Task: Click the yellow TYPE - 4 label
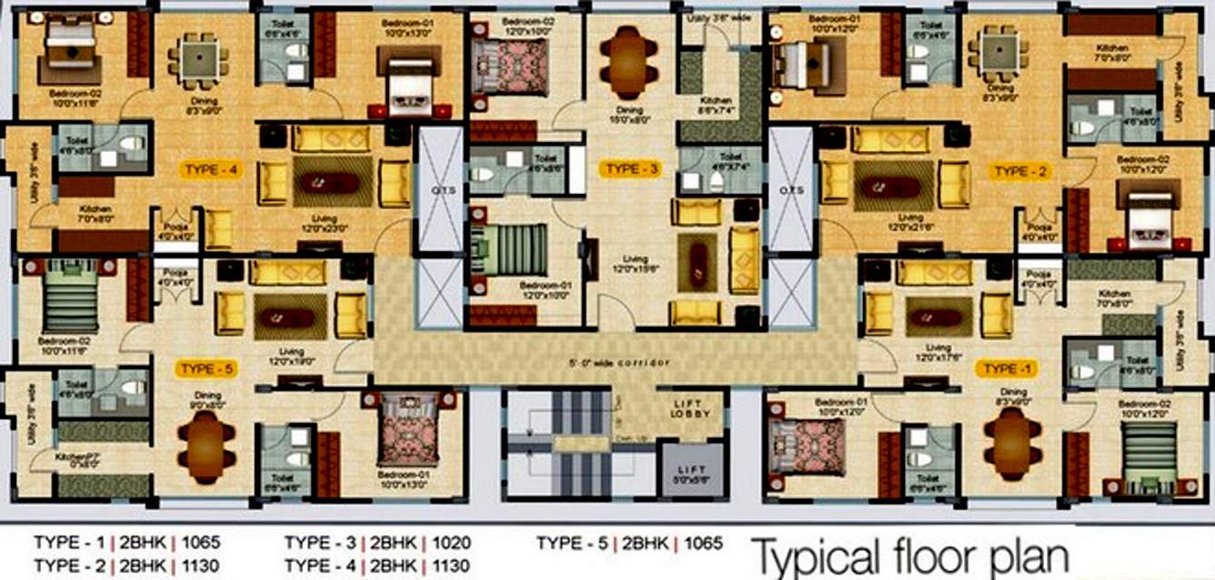[x=211, y=169]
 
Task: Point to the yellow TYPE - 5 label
[x=208, y=369]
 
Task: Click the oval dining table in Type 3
[x=628, y=62]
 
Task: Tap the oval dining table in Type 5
[x=206, y=446]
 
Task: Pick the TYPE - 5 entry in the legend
[x=573, y=544]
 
